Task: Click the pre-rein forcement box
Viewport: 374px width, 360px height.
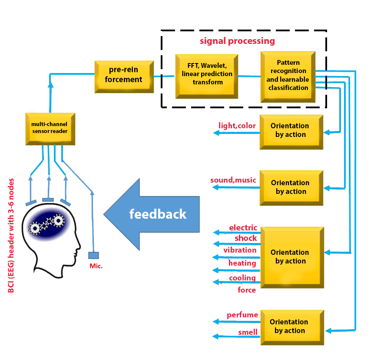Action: tap(124, 76)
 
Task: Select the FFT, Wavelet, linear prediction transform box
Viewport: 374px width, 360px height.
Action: tap(207, 74)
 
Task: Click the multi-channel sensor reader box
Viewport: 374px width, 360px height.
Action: tap(50, 127)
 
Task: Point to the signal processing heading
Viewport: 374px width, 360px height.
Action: tap(237, 41)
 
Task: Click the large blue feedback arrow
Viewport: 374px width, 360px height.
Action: tap(152, 214)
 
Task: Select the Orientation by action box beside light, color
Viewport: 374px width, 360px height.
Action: tap(291, 130)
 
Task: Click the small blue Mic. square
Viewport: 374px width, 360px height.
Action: tap(93, 255)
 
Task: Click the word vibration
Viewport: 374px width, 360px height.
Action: tap(240, 250)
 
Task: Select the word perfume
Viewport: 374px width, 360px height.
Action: tap(242, 315)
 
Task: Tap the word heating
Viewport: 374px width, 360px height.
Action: tap(242, 263)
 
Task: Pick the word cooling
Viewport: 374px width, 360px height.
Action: tap(242, 277)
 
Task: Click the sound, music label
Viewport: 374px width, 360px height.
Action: tap(233, 180)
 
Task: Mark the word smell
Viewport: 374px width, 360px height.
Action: tap(248, 332)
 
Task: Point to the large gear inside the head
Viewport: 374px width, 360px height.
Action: tap(59, 221)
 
